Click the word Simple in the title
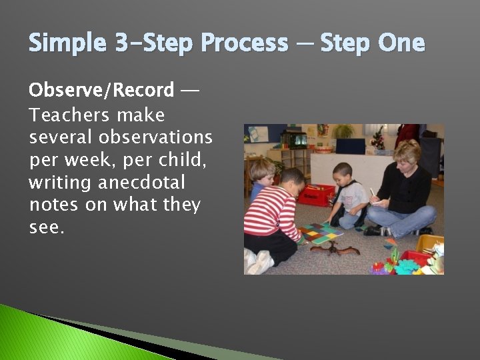(67, 43)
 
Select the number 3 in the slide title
(122, 43)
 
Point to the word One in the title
(401, 43)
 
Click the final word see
(47, 227)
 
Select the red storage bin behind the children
(315, 195)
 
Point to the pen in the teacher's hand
(373, 194)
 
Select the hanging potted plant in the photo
(343, 131)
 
